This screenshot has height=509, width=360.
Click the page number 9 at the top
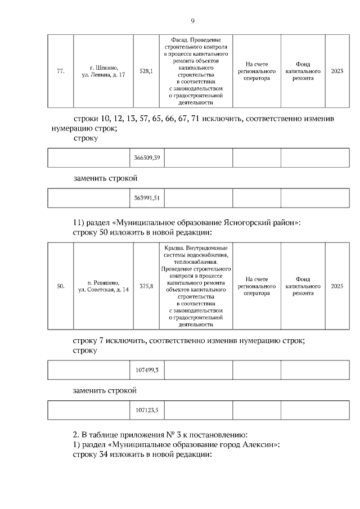[x=192, y=21]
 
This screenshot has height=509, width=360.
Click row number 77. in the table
[x=61, y=71]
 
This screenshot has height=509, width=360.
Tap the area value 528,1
[x=146, y=71]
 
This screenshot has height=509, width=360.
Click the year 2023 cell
[x=337, y=71]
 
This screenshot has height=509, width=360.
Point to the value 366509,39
[x=147, y=158]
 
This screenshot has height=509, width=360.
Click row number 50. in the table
[x=61, y=286]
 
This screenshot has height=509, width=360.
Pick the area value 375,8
[x=146, y=286]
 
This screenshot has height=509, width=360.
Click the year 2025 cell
[x=337, y=286]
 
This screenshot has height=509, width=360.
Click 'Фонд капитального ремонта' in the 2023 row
[x=303, y=71]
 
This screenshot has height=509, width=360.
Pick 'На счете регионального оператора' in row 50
[x=256, y=286]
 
